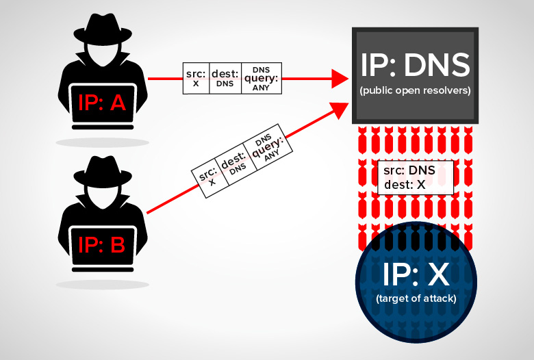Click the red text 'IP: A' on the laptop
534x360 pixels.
[x=102, y=103]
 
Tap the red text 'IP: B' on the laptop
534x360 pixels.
[x=102, y=245]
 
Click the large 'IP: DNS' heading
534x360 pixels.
[x=415, y=66]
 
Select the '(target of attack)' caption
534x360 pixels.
[x=416, y=298]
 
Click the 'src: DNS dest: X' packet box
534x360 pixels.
[x=416, y=177]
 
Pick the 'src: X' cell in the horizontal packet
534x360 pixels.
[x=196, y=77]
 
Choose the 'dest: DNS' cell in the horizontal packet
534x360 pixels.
[x=225, y=77]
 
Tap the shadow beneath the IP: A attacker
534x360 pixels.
[x=103, y=142]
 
